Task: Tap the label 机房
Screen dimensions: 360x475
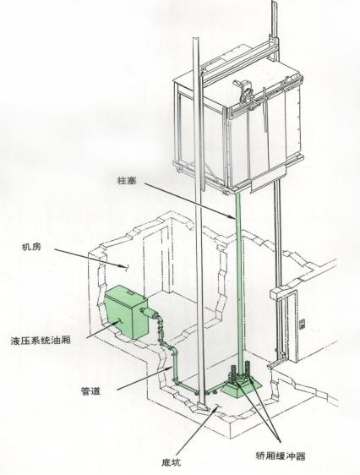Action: click(31, 247)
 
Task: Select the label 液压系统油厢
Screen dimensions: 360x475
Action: click(41, 341)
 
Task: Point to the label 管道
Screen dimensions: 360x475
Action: click(90, 391)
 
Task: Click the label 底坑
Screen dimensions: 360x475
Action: click(172, 462)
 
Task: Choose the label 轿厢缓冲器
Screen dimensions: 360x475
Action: click(281, 456)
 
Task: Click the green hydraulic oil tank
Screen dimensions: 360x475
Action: click(126, 312)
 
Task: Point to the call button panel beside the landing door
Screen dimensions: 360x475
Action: click(303, 324)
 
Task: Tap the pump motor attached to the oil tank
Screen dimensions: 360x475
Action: click(150, 312)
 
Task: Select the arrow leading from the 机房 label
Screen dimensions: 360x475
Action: click(90, 258)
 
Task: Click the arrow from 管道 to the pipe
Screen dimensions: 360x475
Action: click(145, 378)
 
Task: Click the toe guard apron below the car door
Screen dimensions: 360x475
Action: click(268, 177)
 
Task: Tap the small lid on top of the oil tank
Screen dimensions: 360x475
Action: click(132, 292)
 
